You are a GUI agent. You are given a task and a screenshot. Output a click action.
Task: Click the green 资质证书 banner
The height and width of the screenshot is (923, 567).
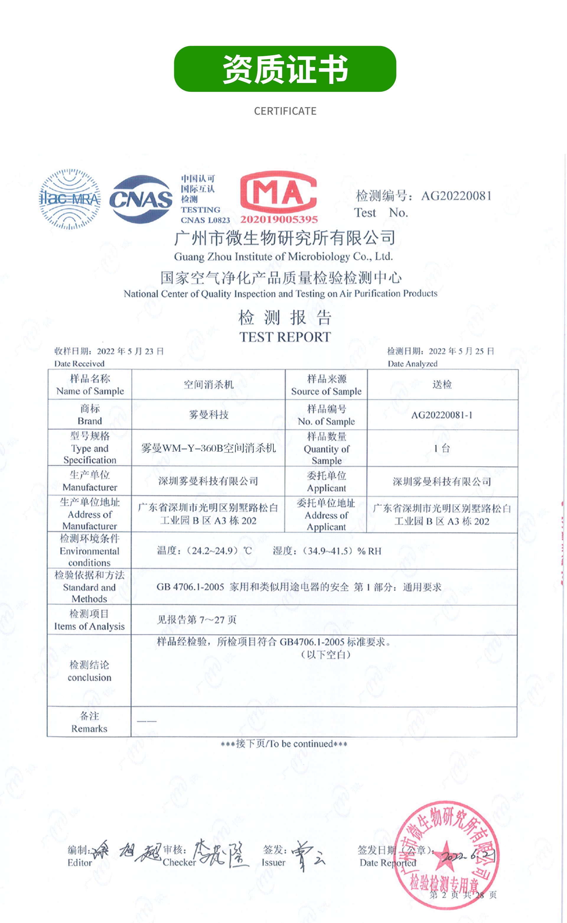[x=285, y=69]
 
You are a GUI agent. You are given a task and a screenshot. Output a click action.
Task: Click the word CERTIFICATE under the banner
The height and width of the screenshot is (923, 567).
[x=285, y=111]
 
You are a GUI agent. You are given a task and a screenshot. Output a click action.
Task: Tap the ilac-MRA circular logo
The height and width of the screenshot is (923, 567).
[x=70, y=199]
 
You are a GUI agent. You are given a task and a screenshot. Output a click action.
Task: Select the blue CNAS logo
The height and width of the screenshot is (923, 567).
[x=141, y=199]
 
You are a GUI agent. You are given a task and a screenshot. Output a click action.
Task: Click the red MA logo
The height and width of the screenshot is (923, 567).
[x=278, y=192]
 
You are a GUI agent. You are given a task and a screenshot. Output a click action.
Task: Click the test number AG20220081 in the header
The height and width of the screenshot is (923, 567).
[x=456, y=196]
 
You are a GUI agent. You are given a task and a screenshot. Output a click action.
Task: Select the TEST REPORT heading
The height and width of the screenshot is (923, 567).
[x=285, y=337]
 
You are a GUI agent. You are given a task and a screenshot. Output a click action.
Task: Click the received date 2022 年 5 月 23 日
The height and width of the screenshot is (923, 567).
[x=130, y=351]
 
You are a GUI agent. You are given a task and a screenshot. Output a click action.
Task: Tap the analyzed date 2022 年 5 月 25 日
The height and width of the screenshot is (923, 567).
[x=461, y=351]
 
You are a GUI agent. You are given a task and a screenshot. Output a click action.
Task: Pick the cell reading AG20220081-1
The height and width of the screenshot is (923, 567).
[x=442, y=415]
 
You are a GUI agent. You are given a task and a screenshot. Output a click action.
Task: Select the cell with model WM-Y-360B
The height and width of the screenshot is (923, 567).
[x=208, y=448]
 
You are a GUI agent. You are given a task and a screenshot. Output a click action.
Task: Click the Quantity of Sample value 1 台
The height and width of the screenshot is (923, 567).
[x=442, y=448]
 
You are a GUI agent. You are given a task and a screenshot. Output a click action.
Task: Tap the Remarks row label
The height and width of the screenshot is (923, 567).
[x=89, y=722]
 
